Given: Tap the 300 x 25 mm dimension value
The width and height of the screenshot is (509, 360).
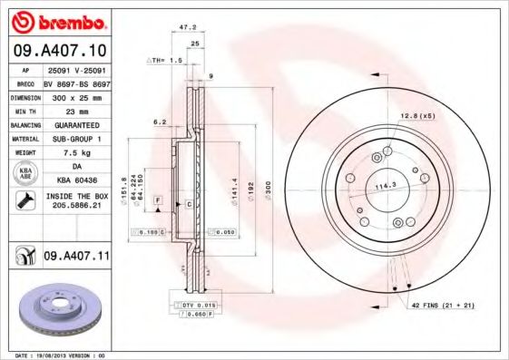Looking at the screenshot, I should coord(75,95).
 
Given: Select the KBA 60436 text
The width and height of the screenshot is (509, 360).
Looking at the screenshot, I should coord(75,181).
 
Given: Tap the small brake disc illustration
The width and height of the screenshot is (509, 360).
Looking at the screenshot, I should coord(56,313).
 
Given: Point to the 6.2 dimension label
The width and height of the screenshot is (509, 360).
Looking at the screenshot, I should coord(159,121).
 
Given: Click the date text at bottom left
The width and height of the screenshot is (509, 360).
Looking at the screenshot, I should coord(56,355).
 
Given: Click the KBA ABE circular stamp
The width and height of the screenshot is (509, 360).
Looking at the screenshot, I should coord(24,174).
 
